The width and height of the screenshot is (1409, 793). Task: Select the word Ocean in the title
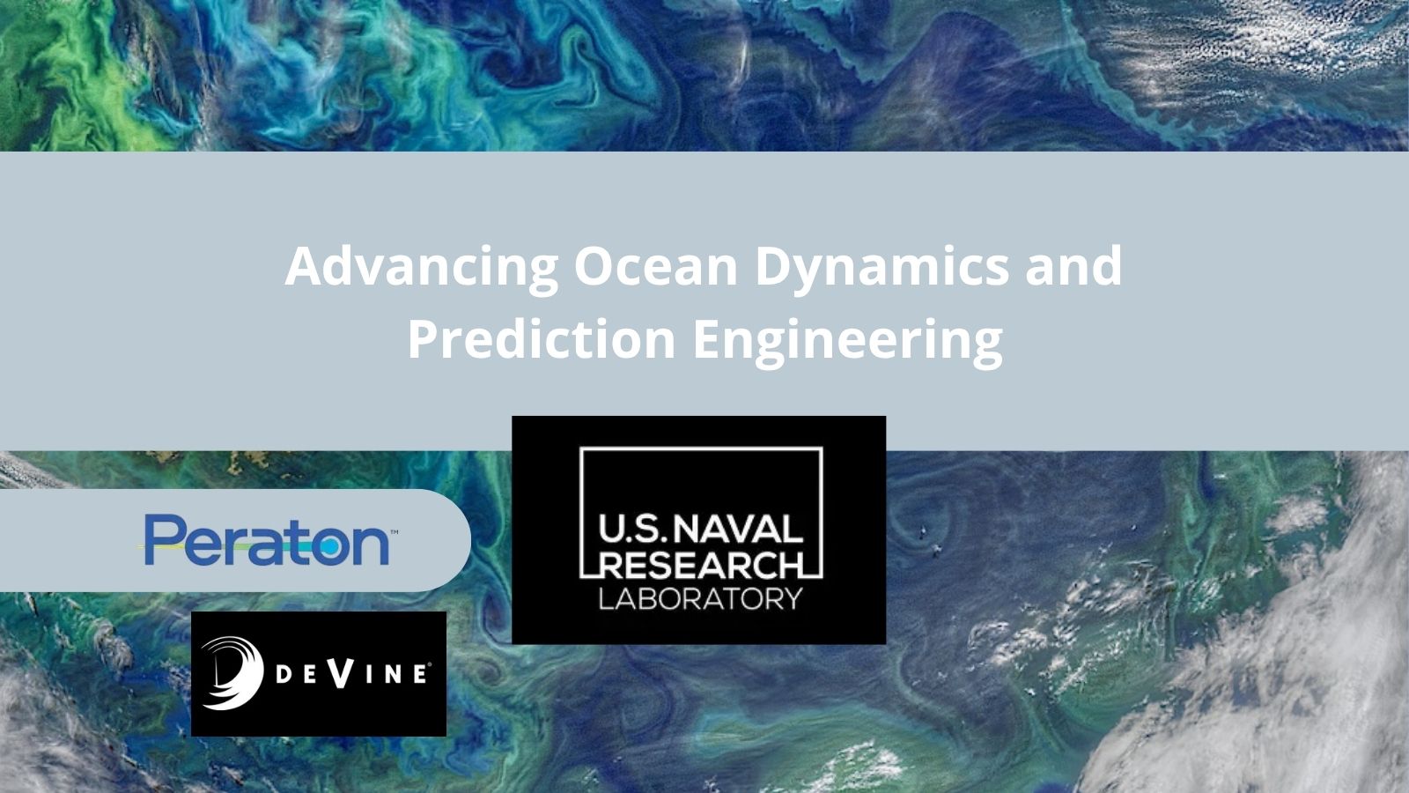click(x=655, y=266)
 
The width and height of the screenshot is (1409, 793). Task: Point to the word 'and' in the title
click(x=1073, y=266)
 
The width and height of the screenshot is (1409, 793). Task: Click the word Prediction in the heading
click(x=542, y=338)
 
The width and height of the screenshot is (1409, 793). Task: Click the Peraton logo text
click(x=267, y=540)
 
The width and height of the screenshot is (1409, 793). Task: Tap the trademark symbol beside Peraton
click(x=395, y=532)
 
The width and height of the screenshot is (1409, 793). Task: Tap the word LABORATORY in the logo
click(x=701, y=598)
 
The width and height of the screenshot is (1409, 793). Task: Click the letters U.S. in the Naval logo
click(x=632, y=530)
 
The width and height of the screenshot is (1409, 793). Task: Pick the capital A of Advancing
click(x=305, y=266)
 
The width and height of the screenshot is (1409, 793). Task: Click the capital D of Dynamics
click(x=774, y=266)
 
